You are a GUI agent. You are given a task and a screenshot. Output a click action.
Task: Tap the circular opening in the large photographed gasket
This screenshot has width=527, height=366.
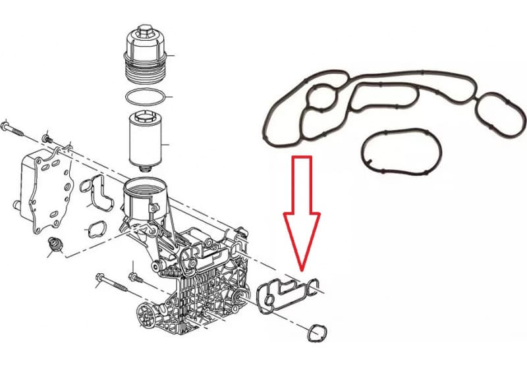(322, 99)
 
